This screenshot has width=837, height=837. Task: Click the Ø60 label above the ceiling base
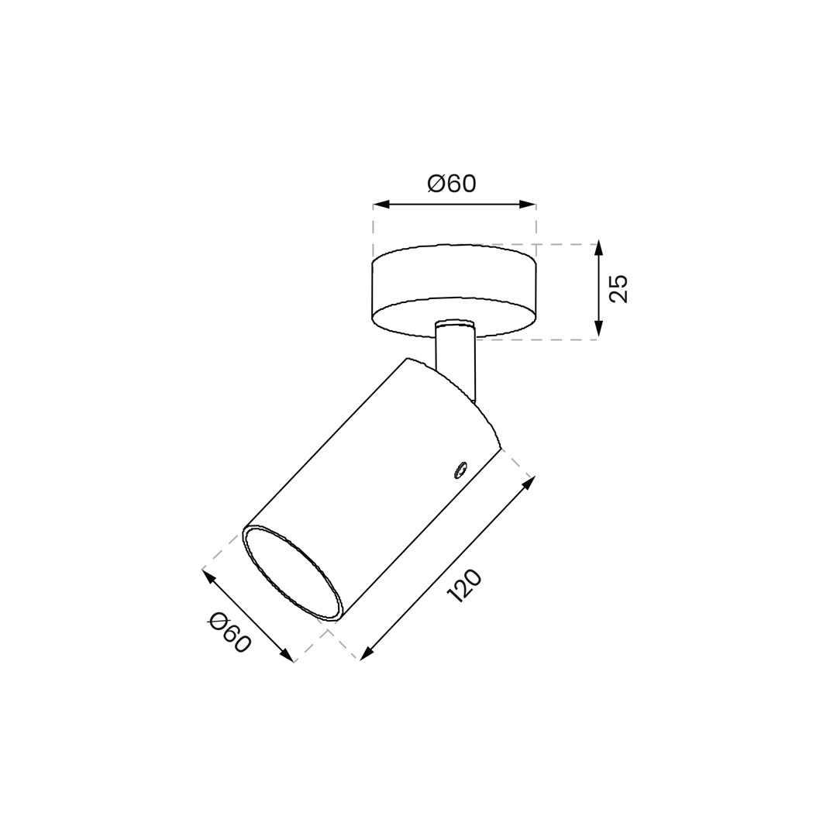click(451, 184)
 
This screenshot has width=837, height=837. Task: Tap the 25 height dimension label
click(619, 289)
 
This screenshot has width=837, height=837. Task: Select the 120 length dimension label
click(464, 586)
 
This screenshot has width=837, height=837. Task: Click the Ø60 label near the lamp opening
click(229, 633)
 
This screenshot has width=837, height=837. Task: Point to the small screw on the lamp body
click(459, 470)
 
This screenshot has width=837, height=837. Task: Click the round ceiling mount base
click(453, 291)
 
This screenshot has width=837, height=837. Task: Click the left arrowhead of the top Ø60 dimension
click(380, 205)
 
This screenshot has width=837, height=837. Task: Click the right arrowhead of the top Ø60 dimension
click(529, 205)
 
